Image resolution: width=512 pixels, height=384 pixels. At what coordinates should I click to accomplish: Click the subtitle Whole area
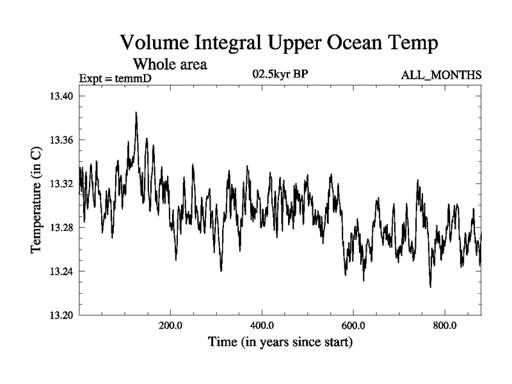tap(170, 64)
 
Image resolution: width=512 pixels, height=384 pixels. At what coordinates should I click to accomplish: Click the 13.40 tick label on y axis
tap(62, 96)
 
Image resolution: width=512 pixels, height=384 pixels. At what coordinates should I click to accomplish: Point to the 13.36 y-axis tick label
tap(62, 140)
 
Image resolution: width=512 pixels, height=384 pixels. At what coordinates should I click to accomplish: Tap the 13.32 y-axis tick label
tap(62, 184)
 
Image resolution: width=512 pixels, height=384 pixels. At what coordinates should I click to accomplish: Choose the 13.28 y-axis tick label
tap(62, 228)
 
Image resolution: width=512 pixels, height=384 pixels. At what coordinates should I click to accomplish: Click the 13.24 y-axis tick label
tap(62, 271)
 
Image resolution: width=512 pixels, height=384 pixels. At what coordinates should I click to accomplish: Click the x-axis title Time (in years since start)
tap(280, 343)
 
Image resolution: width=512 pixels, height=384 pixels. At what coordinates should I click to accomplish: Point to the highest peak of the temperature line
tap(136, 113)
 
